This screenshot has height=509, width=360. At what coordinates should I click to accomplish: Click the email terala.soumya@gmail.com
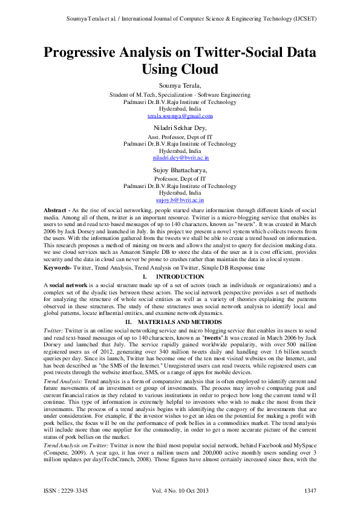180,115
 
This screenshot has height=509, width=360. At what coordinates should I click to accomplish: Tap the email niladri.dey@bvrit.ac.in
180,157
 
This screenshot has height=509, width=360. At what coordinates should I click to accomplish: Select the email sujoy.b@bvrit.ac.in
180,199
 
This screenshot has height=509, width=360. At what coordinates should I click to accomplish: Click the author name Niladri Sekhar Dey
180,128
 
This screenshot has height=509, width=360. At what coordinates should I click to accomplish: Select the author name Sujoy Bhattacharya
180,171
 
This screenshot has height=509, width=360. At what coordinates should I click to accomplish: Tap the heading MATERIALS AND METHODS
179,322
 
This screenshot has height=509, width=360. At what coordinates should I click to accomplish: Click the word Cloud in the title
197,69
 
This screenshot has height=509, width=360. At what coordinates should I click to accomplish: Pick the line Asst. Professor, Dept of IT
180,137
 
